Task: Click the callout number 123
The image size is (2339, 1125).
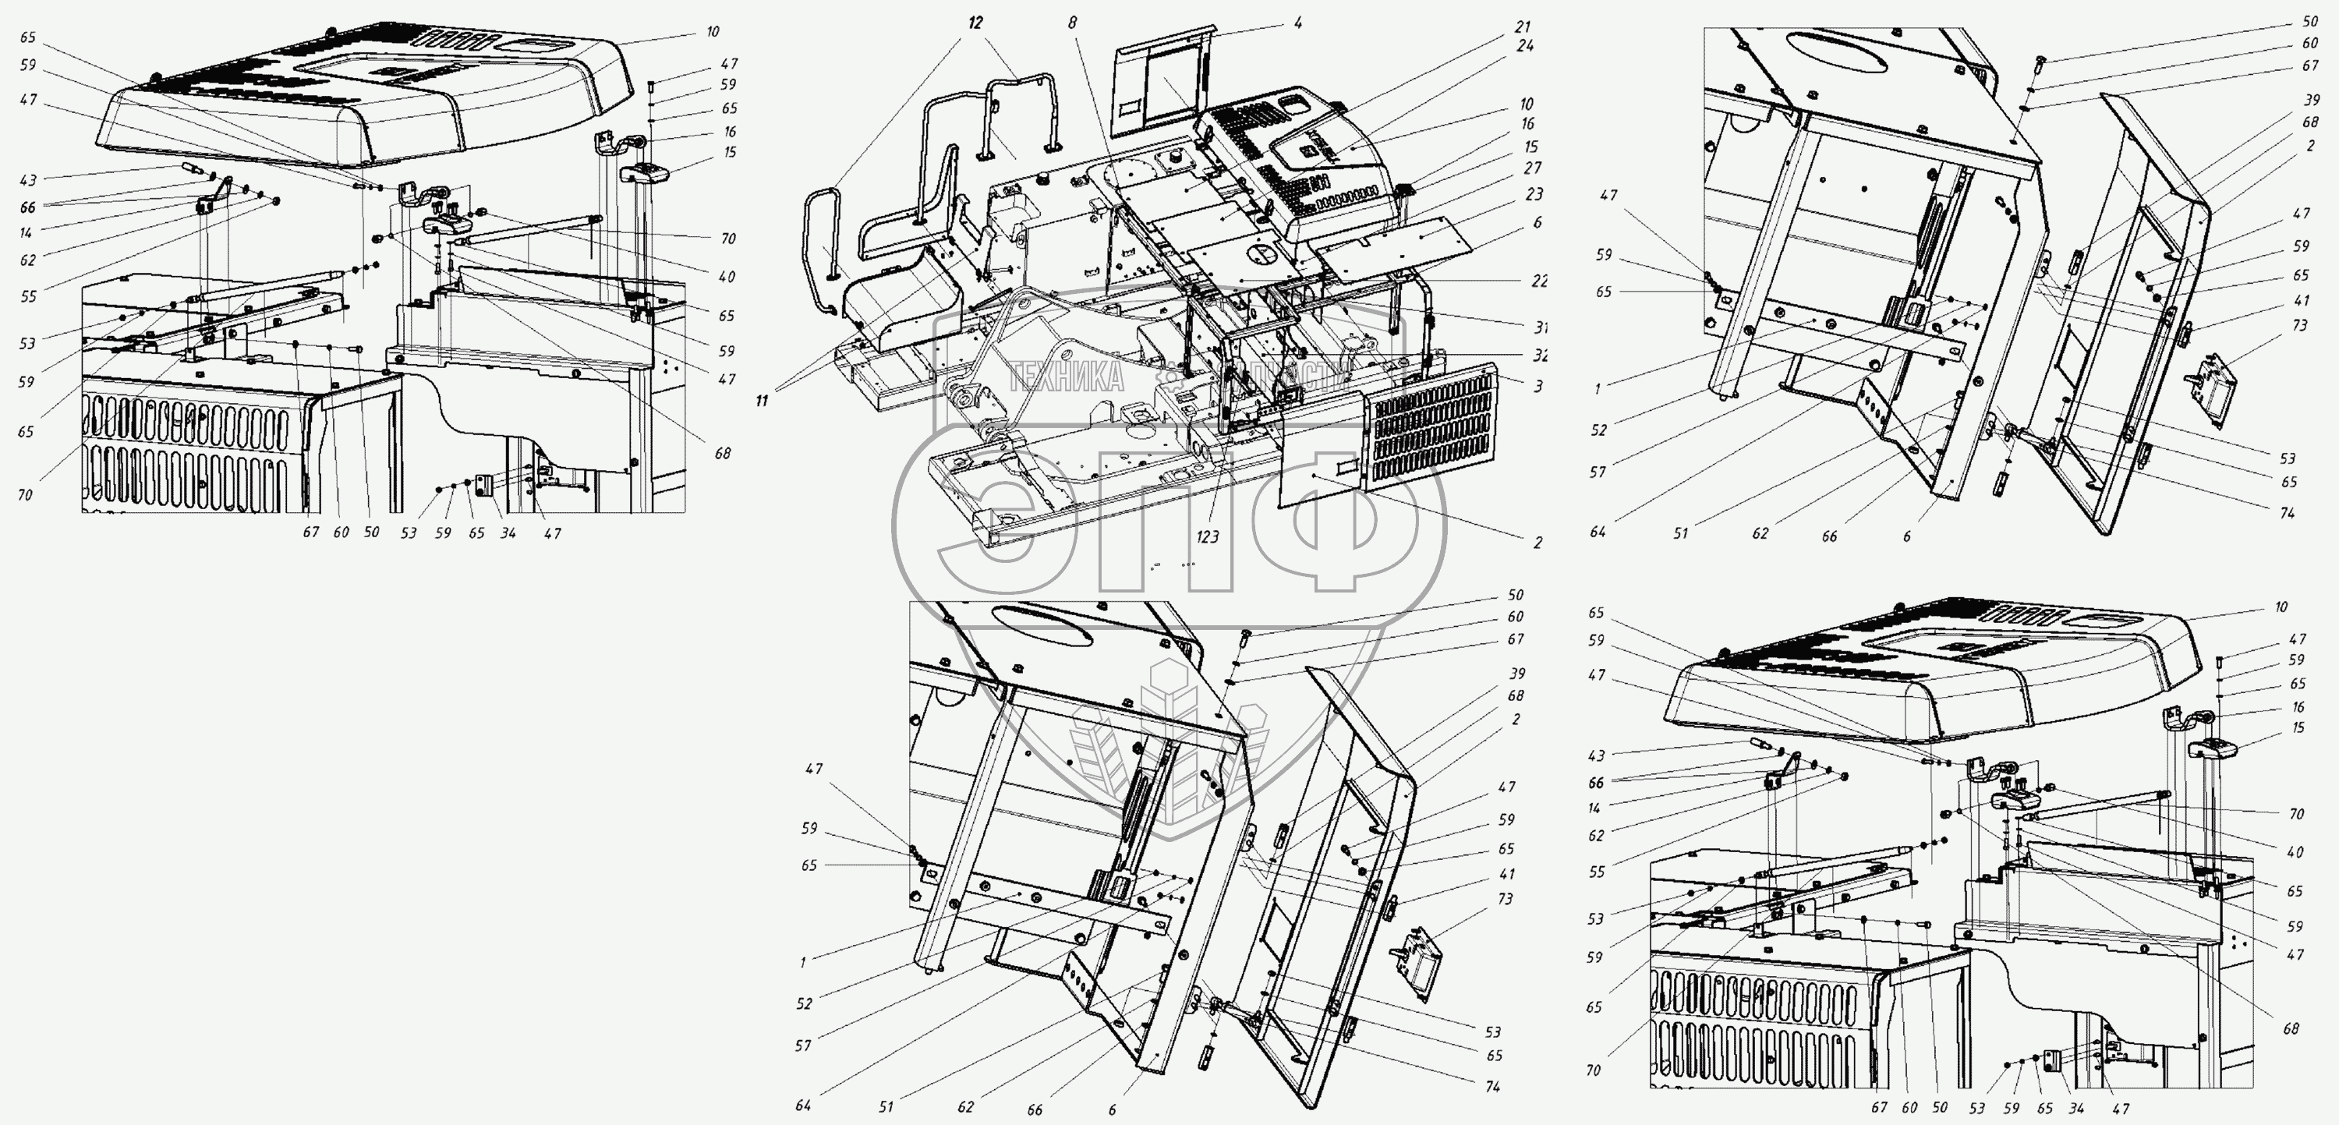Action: tap(1207, 537)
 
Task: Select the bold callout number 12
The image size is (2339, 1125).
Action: tap(975, 23)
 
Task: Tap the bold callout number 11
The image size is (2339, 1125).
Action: tap(761, 401)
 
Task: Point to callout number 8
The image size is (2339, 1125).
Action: tap(1072, 23)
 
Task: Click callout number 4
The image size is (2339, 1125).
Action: tap(1297, 23)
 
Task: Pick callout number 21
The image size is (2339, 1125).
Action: tap(1523, 27)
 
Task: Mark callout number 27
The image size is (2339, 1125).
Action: tap(1533, 168)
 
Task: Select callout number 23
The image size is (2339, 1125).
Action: tap(1534, 193)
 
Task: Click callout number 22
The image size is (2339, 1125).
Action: tap(1539, 281)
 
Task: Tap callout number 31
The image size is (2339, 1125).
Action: tap(1540, 327)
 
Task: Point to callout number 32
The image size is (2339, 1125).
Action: tap(1540, 356)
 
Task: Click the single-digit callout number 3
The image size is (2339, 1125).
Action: tap(1538, 387)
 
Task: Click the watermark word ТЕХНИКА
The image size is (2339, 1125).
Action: tap(1066, 375)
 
